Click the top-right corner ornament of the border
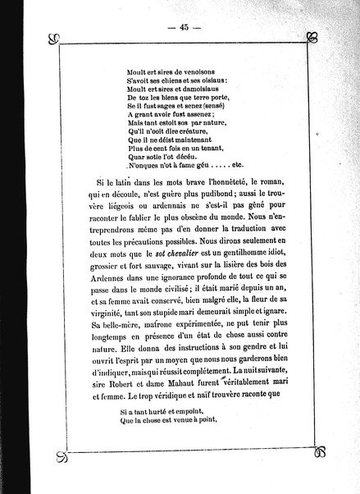click(311, 38)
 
